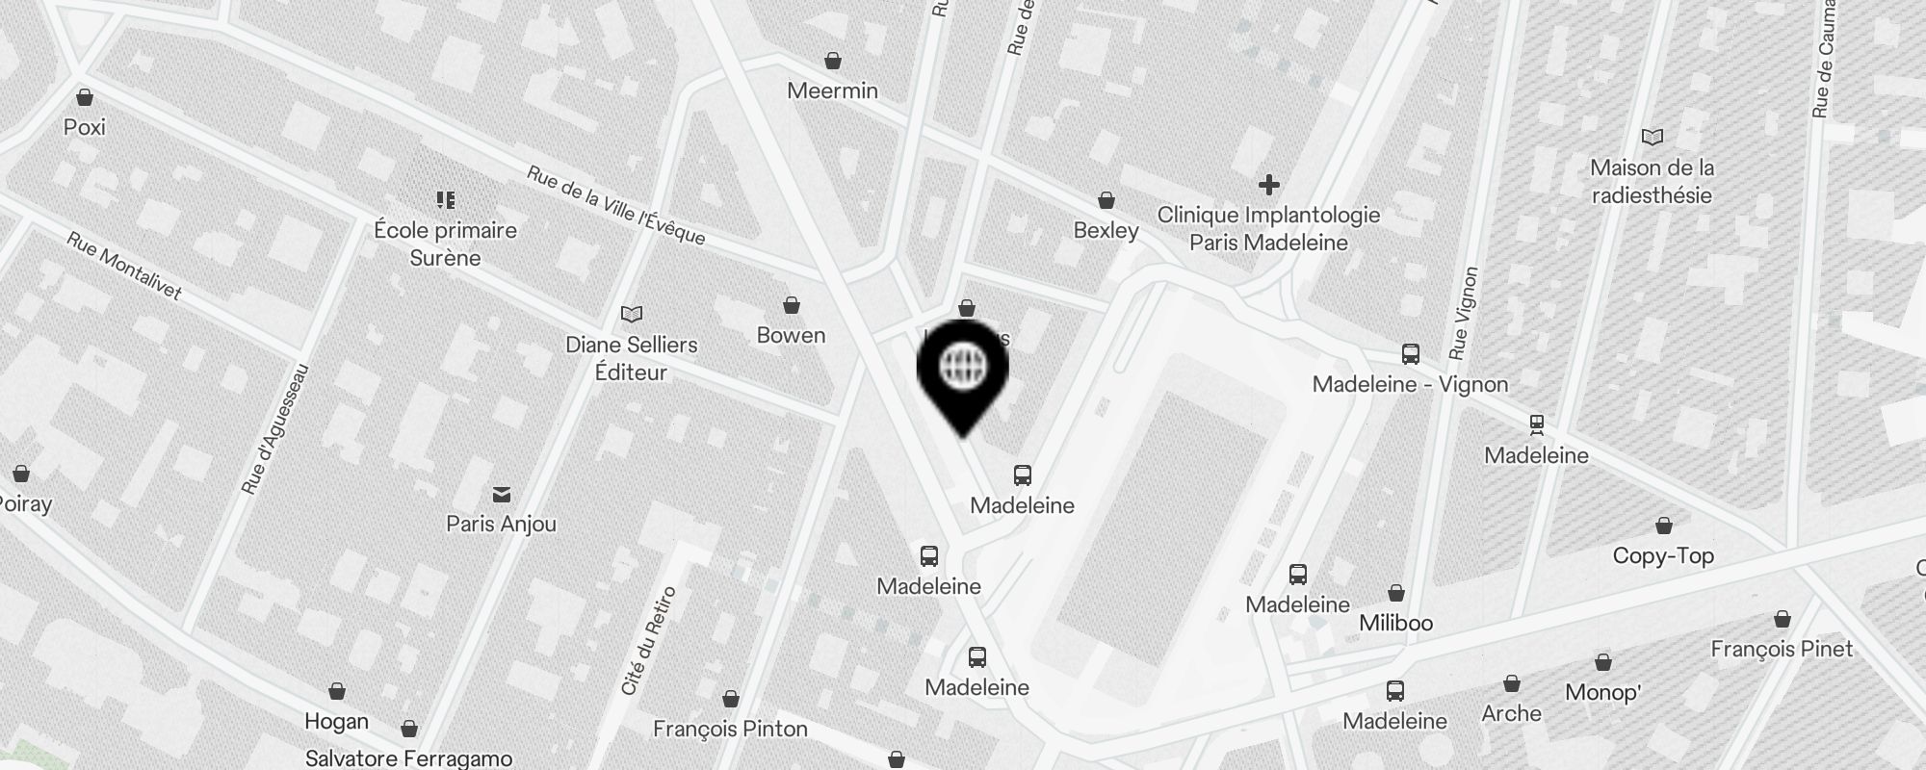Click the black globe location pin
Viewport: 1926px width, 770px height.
[962, 371]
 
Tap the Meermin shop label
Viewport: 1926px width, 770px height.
[832, 90]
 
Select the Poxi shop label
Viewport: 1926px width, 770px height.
[85, 127]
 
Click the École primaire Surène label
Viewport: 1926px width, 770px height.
[445, 244]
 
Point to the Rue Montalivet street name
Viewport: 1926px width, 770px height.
[124, 266]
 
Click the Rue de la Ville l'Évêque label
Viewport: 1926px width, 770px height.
[616, 205]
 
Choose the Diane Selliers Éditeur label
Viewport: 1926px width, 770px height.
[631, 358]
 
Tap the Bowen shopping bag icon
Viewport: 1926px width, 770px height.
[792, 306]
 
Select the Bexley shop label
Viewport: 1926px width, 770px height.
[1106, 230]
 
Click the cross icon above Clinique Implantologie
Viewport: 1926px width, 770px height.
[1269, 184]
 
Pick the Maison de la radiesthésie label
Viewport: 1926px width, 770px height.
[1652, 181]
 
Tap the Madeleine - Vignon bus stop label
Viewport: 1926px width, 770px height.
[1410, 384]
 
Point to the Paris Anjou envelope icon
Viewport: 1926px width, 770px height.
[502, 495]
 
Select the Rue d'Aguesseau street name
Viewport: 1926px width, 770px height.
[276, 429]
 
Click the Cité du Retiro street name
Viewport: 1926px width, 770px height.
[649, 640]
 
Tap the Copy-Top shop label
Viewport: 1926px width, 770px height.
[1663, 555]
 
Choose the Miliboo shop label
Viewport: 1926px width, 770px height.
[1395, 623]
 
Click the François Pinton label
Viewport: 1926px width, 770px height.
[730, 729]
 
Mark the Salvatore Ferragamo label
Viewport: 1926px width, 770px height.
[408, 758]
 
